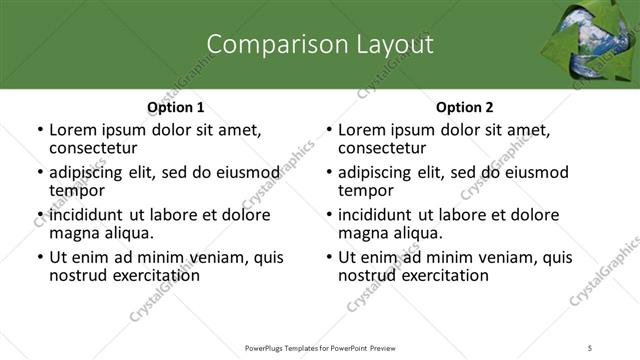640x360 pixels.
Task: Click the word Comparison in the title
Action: [264, 44]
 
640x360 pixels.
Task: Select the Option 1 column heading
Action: [176, 107]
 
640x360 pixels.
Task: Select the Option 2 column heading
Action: [465, 107]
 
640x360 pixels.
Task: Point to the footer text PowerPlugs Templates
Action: [290, 347]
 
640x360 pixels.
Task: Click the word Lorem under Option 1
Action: [72, 130]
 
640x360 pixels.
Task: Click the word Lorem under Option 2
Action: [361, 130]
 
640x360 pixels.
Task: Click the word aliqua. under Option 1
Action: [129, 233]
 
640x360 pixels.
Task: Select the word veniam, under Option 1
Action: [224, 257]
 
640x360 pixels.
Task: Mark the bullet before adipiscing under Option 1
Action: [40, 173]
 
